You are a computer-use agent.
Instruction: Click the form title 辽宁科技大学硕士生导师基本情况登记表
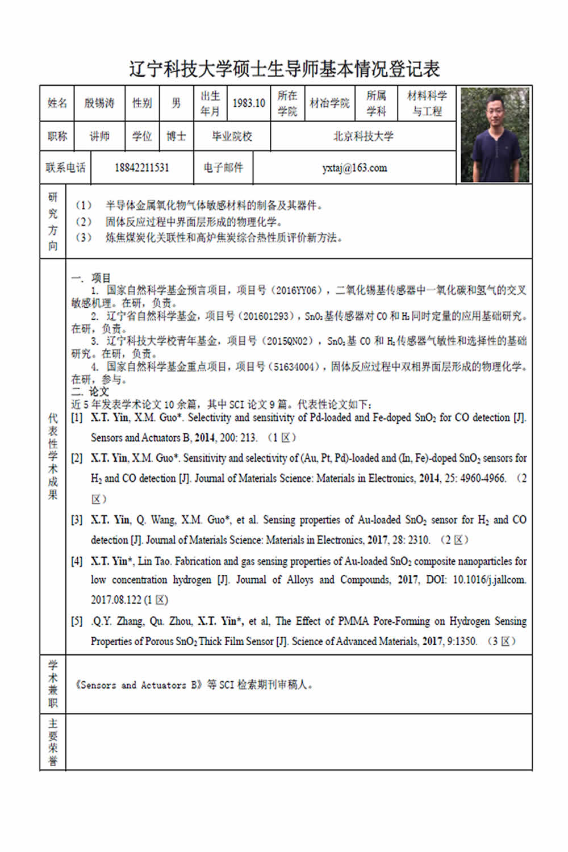[x=284, y=69]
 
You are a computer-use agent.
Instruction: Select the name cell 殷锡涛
[x=99, y=103]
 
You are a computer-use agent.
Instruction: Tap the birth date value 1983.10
[x=249, y=103]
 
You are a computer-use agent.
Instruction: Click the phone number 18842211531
[x=141, y=168]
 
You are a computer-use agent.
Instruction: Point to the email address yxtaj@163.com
[x=354, y=168]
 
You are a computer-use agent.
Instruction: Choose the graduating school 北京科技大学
[x=363, y=136]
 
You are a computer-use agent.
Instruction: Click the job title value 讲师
[x=99, y=136]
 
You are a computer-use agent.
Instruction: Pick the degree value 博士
[x=176, y=136]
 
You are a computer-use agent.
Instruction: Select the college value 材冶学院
[x=329, y=103]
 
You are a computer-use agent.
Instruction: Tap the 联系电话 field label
[x=65, y=168]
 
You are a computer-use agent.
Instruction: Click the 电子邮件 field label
[x=223, y=168]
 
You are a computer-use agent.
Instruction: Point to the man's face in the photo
[x=495, y=114]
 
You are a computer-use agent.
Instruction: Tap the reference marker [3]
[x=77, y=520]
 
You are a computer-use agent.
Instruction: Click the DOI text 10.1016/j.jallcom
[x=489, y=580]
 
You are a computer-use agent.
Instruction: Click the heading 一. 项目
[x=91, y=278]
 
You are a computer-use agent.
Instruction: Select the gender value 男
[x=176, y=103]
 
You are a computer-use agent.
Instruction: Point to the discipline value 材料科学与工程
[x=427, y=103]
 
